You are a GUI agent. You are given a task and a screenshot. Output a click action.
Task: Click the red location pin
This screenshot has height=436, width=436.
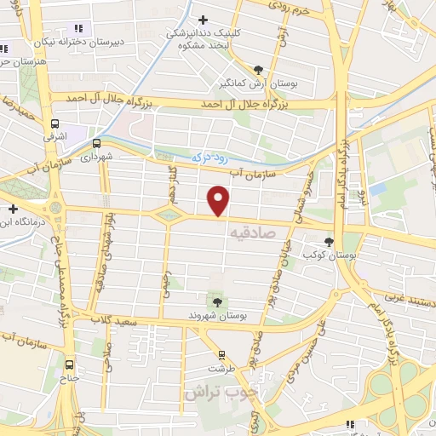pos(220,200)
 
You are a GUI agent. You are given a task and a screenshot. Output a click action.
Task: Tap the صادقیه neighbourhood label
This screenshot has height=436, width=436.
pos(254,231)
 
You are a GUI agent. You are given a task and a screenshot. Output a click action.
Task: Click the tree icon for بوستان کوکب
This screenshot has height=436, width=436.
pos(330,242)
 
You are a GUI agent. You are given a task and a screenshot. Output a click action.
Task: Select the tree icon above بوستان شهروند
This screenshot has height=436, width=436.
pos(217,301)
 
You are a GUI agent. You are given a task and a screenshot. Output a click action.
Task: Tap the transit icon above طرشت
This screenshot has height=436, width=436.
pos(221,355)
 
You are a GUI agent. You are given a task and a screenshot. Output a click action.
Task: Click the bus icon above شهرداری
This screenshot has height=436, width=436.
pos(96,143)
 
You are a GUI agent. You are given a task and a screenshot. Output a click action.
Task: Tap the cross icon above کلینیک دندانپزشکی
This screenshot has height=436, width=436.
pos(202,19)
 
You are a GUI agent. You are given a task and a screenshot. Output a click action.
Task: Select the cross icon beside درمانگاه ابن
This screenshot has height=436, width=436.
pos(13,209)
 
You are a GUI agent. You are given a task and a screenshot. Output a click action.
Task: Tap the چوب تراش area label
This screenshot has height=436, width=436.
pos(212,393)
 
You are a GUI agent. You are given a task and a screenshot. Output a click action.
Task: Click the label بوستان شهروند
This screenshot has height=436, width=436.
pos(217,316)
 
